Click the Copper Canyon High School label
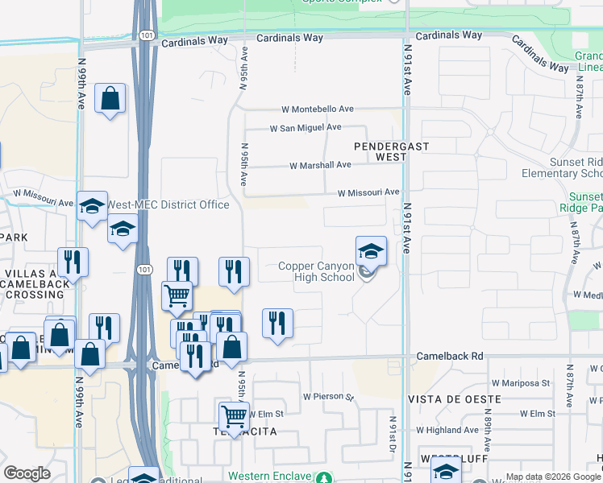pyautogui.click(x=316, y=271)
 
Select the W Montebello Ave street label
pyautogui.click(x=318, y=109)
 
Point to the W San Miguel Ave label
pyautogui.click(x=306, y=127)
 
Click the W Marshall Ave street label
pyautogui.click(x=321, y=165)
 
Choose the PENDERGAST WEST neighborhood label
pyautogui.click(x=392, y=151)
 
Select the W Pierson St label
pyautogui.click(x=329, y=397)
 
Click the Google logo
pyautogui.click(x=27, y=473)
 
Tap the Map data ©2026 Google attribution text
pyautogui.click(x=553, y=477)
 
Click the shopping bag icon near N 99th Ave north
pyautogui.click(x=110, y=99)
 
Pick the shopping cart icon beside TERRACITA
pyautogui.click(x=234, y=416)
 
